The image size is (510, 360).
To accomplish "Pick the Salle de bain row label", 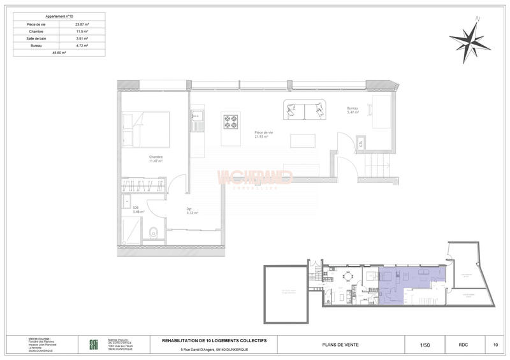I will click(36, 39).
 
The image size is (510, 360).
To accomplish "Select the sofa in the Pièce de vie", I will click(304, 110).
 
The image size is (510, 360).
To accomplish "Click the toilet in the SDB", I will click(152, 233).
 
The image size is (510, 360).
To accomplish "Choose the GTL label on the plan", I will click(361, 143).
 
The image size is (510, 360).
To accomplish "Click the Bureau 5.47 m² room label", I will click(353, 111).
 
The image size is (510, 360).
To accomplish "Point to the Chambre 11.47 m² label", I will click(156, 159).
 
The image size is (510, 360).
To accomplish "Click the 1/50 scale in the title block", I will click(425, 345).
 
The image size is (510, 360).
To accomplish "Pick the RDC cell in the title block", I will click(463, 345).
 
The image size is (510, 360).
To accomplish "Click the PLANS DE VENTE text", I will click(341, 345).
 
